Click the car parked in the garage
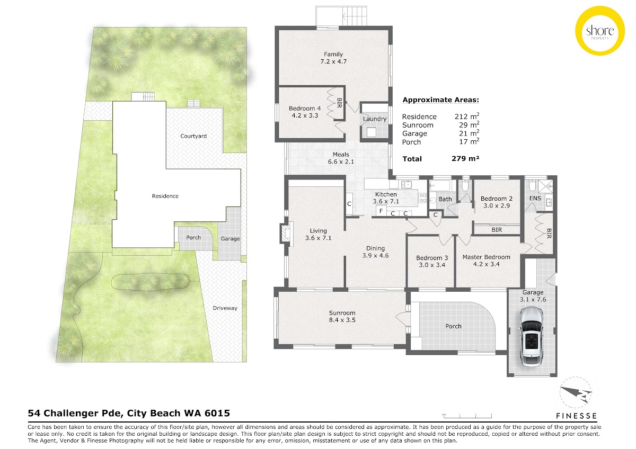coord(531,336)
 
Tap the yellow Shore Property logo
coord(599,31)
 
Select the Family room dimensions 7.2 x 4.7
coord(333,61)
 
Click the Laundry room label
coord(375,119)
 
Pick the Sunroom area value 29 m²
coord(469,125)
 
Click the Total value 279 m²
coord(465,158)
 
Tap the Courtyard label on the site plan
coord(193,136)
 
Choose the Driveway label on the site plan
coord(225,308)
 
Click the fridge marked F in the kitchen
coord(381,211)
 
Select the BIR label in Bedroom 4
coord(339,103)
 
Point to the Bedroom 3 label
coord(432,258)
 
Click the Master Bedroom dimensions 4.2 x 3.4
coord(486,264)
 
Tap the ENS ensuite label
coord(535,198)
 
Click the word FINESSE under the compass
coord(577,416)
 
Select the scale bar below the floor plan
coord(467,416)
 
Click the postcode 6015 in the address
coord(218,414)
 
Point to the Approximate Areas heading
coord(440,100)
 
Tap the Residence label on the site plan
coord(165,196)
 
